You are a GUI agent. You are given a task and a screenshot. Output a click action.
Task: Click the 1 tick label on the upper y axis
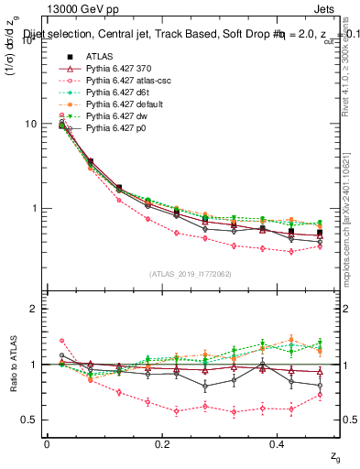coord(36,209)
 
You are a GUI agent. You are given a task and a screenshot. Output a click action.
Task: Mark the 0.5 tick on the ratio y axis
coord(31,420)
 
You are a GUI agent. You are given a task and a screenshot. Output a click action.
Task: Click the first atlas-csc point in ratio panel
coord(62,341)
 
